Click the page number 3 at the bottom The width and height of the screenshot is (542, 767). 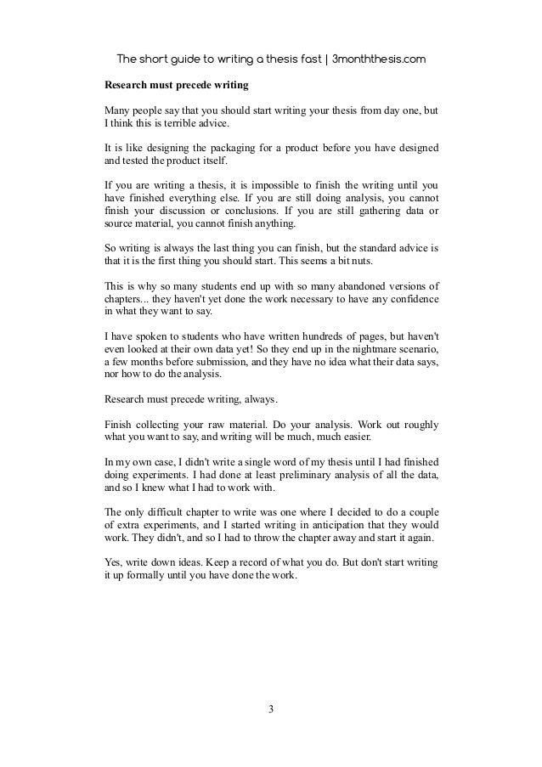click(271, 710)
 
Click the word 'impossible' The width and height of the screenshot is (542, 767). click(274, 183)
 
